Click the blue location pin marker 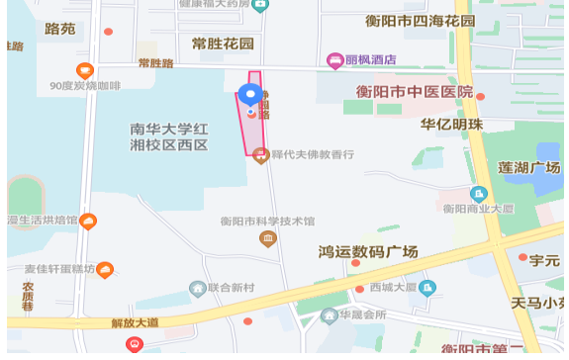point(250,97)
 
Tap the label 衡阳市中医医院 point(414,92)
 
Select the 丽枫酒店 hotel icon point(336,60)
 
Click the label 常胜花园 point(223,44)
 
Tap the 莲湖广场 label point(529,166)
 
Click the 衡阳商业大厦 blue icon point(479,193)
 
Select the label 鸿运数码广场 point(368,251)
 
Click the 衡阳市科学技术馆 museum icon point(267,238)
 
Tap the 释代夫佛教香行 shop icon point(260,154)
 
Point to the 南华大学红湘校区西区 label point(169,136)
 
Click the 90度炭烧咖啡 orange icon point(85,70)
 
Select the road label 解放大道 point(135,322)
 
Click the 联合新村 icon point(197,288)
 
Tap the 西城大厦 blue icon point(427,288)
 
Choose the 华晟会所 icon point(329,315)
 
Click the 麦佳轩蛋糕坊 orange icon point(104,269)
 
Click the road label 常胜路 point(155,63)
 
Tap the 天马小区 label point(538,301)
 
